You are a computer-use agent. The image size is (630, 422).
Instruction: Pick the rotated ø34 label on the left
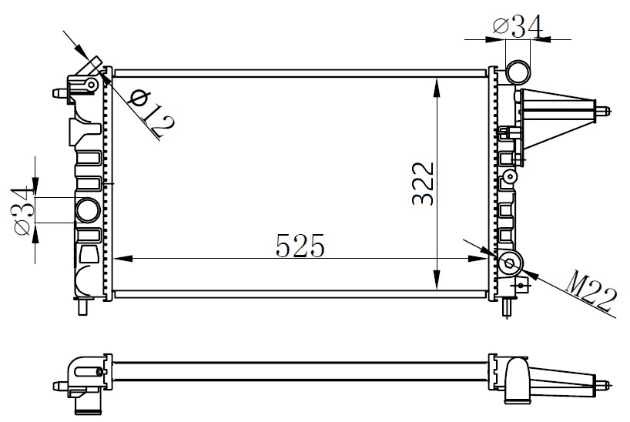coord(23,209)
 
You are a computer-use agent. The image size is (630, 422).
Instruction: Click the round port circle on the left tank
coord(88,209)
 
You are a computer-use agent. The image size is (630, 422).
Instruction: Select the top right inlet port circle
coord(518,74)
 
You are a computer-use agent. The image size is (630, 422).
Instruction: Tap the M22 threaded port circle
coord(510,263)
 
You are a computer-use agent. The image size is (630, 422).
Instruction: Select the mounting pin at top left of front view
coord(59,92)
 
